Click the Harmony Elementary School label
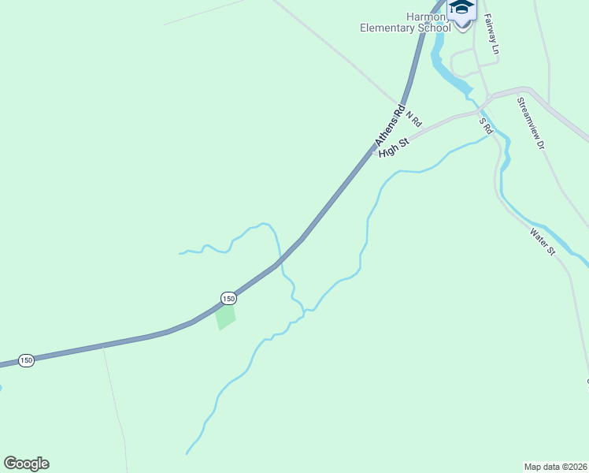click(405, 22)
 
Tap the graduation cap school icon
click(461, 8)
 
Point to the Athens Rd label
click(390, 125)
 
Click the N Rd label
click(414, 118)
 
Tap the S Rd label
click(486, 125)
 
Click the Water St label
click(543, 242)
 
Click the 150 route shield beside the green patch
click(228, 298)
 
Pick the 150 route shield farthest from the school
click(27, 360)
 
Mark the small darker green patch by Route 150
click(225, 317)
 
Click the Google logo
click(26, 464)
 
